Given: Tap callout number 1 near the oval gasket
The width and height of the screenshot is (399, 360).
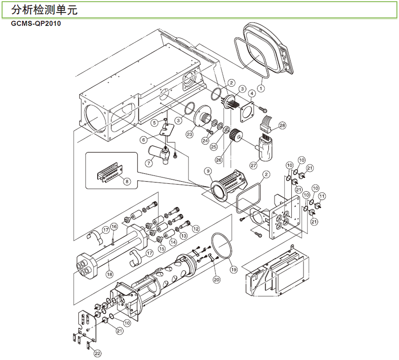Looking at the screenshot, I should (261, 89).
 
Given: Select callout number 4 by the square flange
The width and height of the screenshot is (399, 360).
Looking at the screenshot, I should (251, 93).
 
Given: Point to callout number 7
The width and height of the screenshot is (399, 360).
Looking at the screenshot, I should (149, 163).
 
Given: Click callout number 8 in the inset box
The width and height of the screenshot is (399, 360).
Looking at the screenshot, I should (127, 181).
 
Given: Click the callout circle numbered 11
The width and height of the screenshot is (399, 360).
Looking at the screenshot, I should (322, 196).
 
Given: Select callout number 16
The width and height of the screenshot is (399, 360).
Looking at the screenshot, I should (113, 227).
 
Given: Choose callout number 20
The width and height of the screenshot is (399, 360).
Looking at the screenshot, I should (217, 279).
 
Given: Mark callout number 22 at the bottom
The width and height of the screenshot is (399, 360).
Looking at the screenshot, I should (98, 353).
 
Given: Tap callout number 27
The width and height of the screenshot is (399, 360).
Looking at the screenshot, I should (253, 165).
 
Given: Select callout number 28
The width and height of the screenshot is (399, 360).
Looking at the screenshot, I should (282, 125).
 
